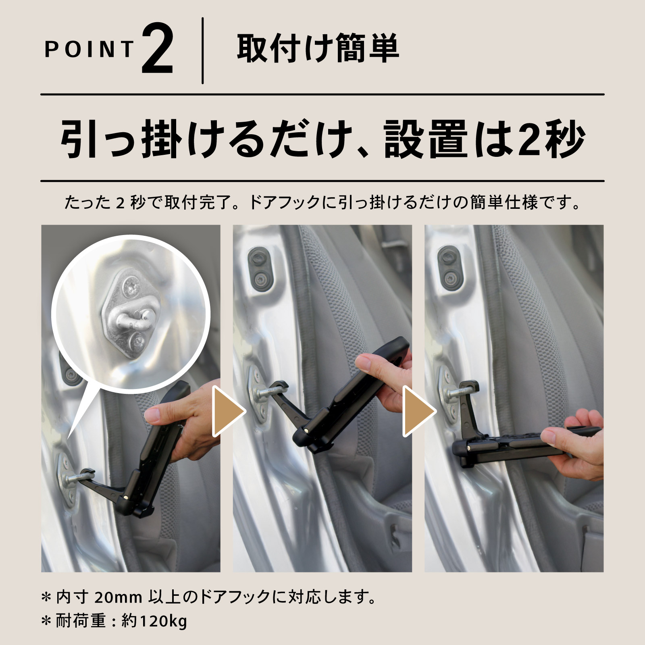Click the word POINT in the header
pos(89,50)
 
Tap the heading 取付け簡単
pos(318,49)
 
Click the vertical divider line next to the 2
pos(202,51)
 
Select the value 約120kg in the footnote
pos(154,621)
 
